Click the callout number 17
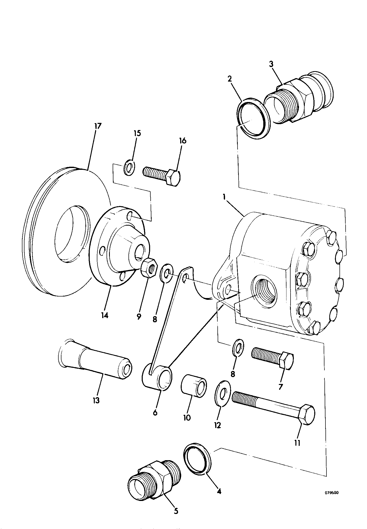tap(98, 126)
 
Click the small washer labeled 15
tap(129, 168)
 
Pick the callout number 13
tap(96, 401)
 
